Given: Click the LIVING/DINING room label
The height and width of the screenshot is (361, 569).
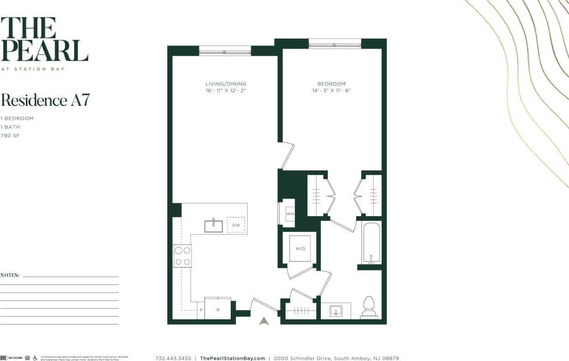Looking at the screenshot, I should coord(226,84).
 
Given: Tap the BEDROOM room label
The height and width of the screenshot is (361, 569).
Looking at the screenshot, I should coord(331,84).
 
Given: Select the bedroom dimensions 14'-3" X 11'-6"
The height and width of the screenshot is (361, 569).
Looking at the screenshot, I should coord(331,91).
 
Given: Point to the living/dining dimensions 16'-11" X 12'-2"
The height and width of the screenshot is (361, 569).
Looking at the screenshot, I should coord(226,91).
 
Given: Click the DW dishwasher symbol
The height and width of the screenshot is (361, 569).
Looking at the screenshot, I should coord(236,225).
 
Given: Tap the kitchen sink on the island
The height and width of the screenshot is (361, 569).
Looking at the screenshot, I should coord(213,226).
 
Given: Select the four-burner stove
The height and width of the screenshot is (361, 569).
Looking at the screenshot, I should coord(182,256).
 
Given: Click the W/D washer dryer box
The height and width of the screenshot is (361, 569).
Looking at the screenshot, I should coord(300,249).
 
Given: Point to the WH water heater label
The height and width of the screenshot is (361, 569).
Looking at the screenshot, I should coord(290,213).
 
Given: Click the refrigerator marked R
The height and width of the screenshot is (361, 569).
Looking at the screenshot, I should coord(218,309).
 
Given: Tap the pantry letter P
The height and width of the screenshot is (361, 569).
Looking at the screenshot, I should coord(201,310).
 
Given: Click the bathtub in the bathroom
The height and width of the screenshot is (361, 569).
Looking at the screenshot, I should coord(371,242).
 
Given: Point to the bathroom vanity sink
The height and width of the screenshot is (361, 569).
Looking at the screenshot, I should coord(336,311).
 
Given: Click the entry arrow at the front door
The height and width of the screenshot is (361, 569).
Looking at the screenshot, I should coord(264,321).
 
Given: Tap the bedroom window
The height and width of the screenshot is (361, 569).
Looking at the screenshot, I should coord(335,44).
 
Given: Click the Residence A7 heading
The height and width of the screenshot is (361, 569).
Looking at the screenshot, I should coord(45,100).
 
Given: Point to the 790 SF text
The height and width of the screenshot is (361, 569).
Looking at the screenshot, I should coord(10,136).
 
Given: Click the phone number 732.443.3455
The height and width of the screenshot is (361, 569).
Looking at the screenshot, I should coord(173,358).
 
